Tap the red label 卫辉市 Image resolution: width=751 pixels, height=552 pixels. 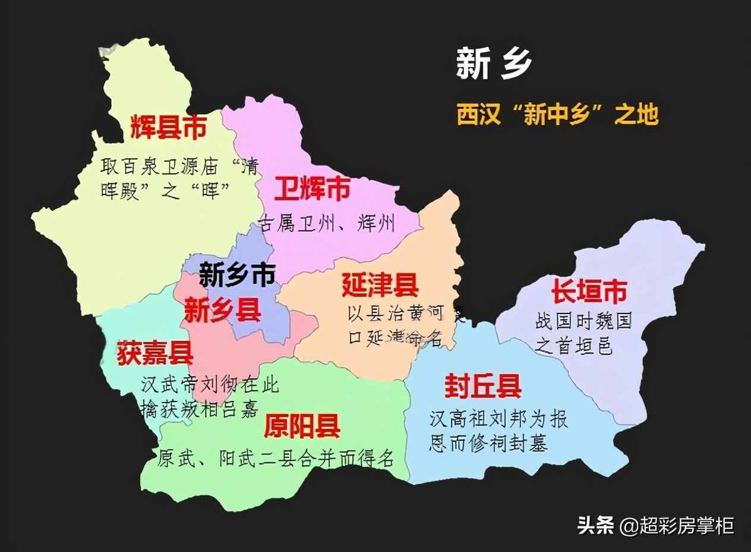(312, 190)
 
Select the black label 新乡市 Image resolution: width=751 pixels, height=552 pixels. (236, 275)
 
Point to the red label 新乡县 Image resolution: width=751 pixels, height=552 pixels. (222, 310)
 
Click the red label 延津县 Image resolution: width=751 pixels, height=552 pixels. (380, 286)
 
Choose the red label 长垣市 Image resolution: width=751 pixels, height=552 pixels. (589, 292)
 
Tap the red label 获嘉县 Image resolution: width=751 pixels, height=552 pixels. (155, 352)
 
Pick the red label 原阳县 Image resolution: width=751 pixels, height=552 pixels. (302, 426)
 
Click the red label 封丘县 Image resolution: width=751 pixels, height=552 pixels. (483, 387)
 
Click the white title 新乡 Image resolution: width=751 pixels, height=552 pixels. (494, 64)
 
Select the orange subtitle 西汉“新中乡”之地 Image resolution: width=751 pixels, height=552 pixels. (557, 114)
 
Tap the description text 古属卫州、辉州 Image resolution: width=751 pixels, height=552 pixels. (327, 224)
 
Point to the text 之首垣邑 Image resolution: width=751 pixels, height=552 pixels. (574, 345)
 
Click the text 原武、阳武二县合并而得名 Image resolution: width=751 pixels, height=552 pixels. (276, 458)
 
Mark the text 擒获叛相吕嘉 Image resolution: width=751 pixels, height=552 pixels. (200, 409)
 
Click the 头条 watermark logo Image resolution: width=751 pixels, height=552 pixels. (595, 525)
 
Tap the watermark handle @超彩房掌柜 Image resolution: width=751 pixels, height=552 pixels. (677, 525)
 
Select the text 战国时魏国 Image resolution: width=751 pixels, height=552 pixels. (583, 322)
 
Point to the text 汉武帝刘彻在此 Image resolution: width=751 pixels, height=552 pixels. (210, 385)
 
